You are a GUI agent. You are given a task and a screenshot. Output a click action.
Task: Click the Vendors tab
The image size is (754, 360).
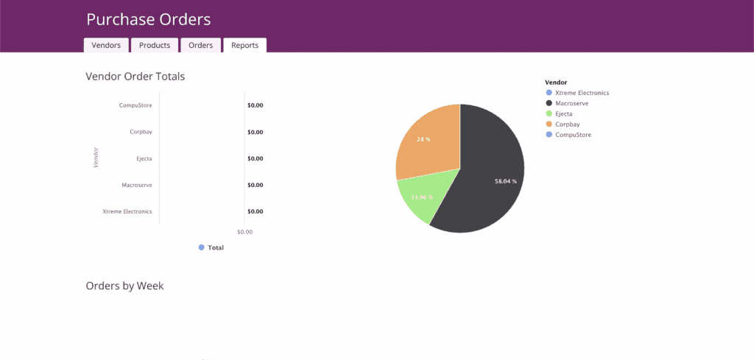pyautogui.click(x=106, y=45)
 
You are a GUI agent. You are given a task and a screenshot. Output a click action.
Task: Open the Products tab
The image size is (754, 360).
pyautogui.click(x=155, y=45)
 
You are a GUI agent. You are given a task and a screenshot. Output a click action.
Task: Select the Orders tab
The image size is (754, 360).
pyautogui.click(x=200, y=45)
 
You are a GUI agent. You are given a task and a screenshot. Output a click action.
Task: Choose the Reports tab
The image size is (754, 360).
pyautogui.click(x=244, y=45)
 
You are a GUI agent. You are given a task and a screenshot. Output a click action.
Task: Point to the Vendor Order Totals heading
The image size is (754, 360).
pyautogui.click(x=135, y=76)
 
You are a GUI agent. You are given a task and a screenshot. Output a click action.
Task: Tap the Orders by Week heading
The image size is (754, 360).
pyautogui.click(x=124, y=286)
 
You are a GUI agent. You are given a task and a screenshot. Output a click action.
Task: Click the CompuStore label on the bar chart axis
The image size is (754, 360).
pyautogui.click(x=135, y=105)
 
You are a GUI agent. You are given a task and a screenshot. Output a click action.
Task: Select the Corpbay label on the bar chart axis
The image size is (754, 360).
pyautogui.click(x=141, y=132)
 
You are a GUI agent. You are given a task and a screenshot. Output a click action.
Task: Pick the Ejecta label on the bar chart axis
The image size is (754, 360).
pyautogui.click(x=144, y=158)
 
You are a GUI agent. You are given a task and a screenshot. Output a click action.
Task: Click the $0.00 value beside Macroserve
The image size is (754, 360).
pyautogui.click(x=255, y=185)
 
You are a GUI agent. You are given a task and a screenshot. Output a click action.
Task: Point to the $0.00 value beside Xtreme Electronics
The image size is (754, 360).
pyautogui.click(x=255, y=211)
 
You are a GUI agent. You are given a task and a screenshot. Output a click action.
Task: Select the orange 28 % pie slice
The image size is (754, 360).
pyautogui.click(x=427, y=144)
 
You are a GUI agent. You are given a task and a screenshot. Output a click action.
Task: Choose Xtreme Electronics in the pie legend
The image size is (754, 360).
pyautogui.click(x=582, y=93)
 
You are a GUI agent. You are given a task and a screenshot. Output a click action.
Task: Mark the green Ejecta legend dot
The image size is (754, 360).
pyautogui.click(x=549, y=114)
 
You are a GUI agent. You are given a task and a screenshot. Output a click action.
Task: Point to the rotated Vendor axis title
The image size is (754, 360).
pyautogui.click(x=96, y=158)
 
